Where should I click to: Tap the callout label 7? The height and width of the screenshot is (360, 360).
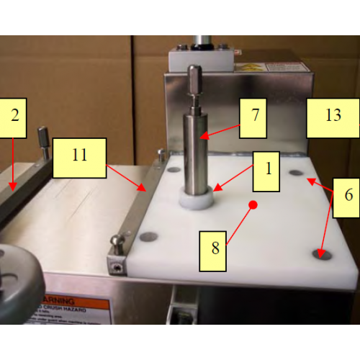[254, 115]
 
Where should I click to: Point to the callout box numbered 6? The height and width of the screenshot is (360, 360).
[346, 195]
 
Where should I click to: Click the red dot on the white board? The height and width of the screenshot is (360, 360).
[253, 206]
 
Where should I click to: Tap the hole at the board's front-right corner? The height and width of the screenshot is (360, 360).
[320, 254]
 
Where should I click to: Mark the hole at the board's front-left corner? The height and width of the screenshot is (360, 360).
[149, 236]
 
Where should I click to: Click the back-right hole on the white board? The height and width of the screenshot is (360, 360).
[296, 173]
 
